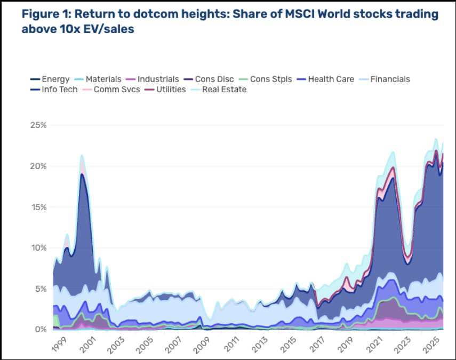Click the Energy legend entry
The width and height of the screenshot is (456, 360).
pos(50,79)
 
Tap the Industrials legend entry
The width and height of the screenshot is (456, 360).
pos(152,79)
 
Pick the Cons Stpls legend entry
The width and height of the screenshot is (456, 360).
pos(265,79)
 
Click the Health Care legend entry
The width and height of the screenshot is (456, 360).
pos(325,79)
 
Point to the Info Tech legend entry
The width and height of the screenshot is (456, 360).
pos(54,89)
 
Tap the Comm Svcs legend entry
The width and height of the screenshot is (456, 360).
pos(111,89)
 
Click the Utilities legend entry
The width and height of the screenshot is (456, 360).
pos(165,89)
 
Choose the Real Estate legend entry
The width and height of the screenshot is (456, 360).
pos(219,89)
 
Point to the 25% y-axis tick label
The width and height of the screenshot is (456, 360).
pos(38,125)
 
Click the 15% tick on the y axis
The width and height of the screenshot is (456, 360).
pos(38,207)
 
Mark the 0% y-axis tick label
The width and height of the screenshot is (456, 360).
pos(41,330)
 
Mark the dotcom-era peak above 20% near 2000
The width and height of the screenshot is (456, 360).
pos(82,155)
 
